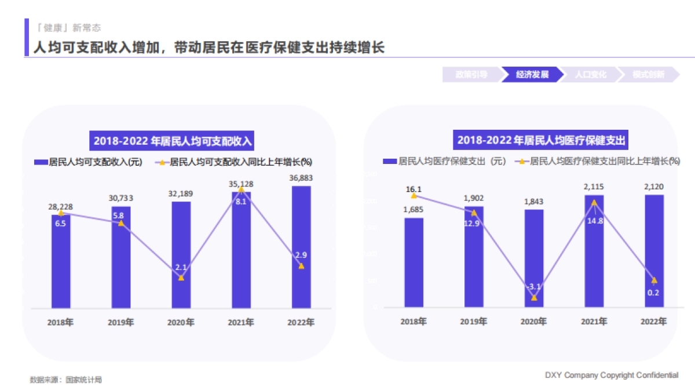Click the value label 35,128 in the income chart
(x=241, y=184)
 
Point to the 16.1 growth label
(x=414, y=189)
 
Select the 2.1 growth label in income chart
(x=181, y=267)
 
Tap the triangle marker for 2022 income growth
(x=301, y=266)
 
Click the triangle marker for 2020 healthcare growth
(x=534, y=298)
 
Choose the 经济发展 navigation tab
(x=532, y=75)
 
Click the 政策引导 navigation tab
(x=471, y=75)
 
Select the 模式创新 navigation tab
(x=648, y=75)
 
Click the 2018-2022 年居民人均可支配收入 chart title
(x=174, y=141)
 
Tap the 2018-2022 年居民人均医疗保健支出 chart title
(x=542, y=140)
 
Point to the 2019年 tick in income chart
(x=120, y=323)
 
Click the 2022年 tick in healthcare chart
(x=654, y=321)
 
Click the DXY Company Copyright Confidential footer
(x=611, y=375)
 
